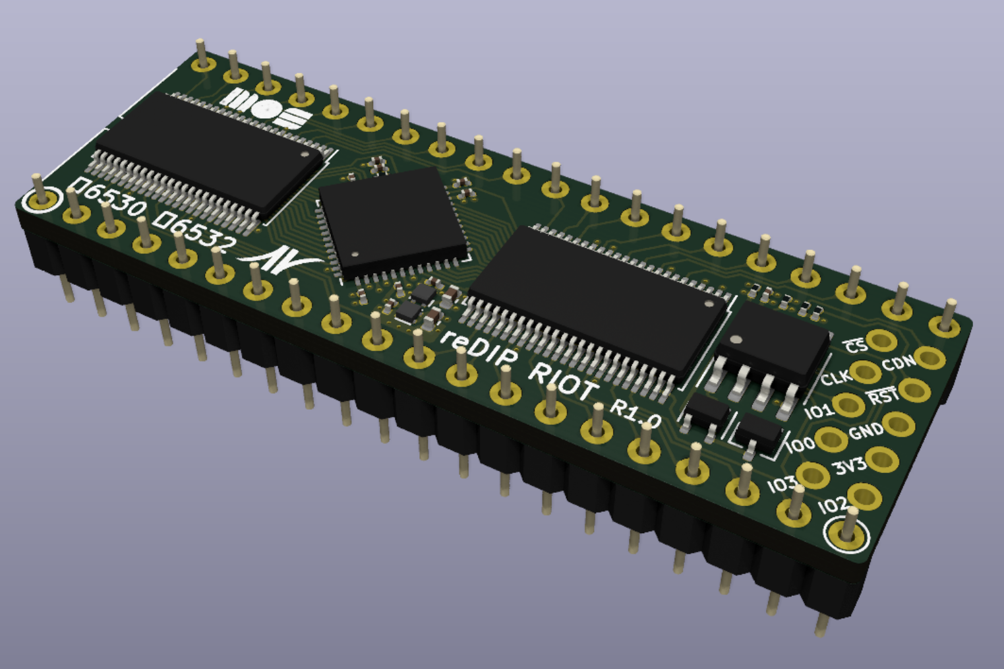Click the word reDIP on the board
pyautogui.click(x=479, y=349)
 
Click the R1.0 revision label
pyautogui.click(x=635, y=414)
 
